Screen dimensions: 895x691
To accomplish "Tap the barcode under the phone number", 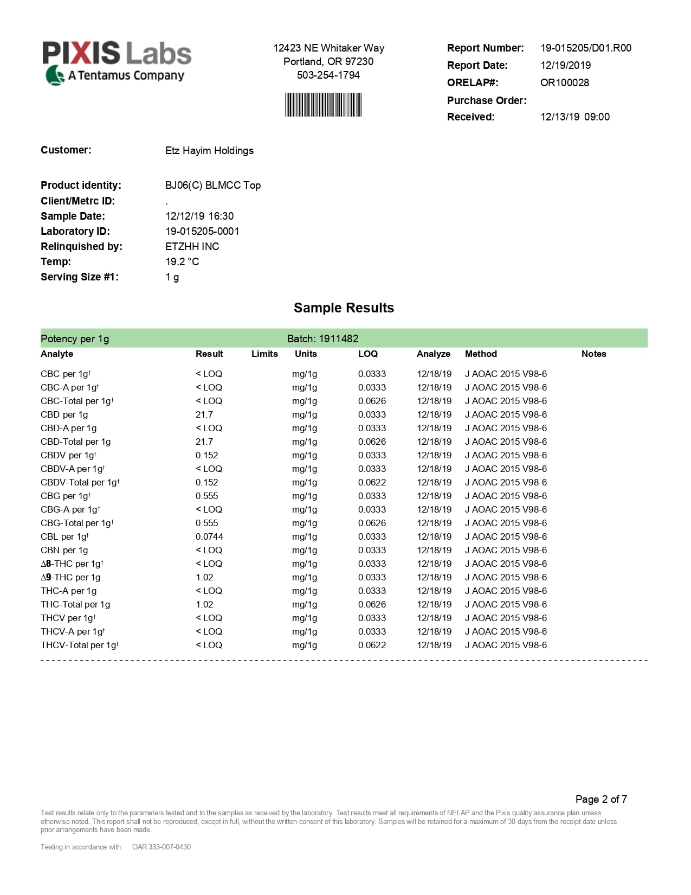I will [x=324, y=105].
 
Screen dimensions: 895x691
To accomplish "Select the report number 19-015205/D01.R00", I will [x=586, y=48].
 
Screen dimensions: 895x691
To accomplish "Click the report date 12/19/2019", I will [x=565, y=65].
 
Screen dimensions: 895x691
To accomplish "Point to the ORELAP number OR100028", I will [x=564, y=82].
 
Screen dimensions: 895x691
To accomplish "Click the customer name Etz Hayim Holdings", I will [x=209, y=150].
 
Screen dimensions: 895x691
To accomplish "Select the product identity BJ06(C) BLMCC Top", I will [x=212, y=185].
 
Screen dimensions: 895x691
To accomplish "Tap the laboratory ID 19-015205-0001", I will [x=202, y=231].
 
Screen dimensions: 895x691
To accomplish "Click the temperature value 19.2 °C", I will [x=182, y=261].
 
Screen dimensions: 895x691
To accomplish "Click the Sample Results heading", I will [x=344, y=308].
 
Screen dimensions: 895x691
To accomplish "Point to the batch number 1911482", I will [x=339, y=338].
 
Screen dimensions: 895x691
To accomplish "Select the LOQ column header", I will [x=367, y=354].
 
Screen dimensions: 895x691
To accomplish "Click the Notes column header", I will [x=593, y=354].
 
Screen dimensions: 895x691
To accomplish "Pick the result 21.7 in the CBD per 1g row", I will [x=204, y=414].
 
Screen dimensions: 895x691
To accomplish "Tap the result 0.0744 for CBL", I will [x=209, y=536].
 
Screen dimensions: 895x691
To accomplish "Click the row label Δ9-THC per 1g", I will [x=70, y=577].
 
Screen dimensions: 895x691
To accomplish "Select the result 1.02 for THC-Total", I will [x=204, y=604].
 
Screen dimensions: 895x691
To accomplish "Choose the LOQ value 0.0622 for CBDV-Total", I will [x=372, y=482].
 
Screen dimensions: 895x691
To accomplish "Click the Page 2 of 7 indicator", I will [x=601, y=799].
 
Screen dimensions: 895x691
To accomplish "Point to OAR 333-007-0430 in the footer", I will [x=162, y=847].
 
